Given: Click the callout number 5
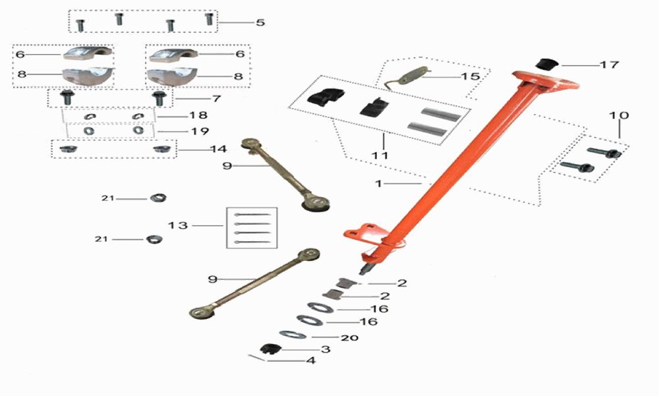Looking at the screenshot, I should (260, 22).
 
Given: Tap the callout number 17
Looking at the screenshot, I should (610, 65).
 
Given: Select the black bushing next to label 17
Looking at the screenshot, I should (546, 64).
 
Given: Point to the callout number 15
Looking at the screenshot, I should (470, 76).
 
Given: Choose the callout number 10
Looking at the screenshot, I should (619, 115).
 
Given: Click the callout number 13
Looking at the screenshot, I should (177, 225).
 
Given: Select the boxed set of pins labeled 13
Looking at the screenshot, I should (252, 228).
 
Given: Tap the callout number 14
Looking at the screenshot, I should (217, 150).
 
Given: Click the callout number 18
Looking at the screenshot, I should (198, 116).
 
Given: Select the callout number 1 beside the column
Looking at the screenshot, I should (378, 184).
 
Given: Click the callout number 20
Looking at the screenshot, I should (349, 337).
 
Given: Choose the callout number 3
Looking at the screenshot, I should (325, 349).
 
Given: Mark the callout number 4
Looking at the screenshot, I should (310, 361).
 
